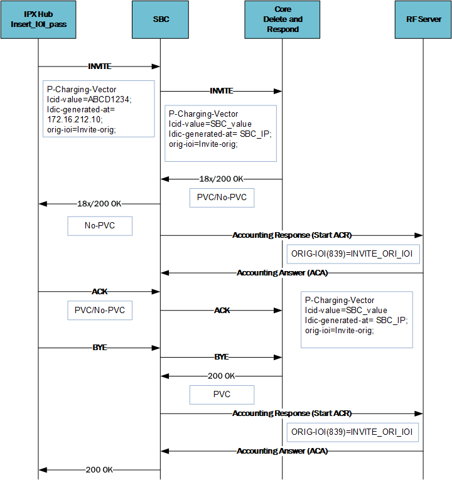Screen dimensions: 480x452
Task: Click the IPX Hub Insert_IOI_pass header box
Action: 38,19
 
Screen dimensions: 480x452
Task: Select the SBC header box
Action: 160,19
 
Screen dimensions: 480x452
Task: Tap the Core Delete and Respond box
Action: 282,19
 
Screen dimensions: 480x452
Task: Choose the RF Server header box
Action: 423,19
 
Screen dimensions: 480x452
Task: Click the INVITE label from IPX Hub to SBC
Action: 99,66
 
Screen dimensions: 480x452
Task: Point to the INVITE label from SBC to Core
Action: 221,91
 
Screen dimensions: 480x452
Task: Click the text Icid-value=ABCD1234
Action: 90,99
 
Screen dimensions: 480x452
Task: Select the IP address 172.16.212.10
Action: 75,119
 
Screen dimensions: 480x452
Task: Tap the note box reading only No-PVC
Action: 100,226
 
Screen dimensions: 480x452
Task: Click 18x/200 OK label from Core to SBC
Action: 221,179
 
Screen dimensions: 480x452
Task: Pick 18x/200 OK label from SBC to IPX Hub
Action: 99,204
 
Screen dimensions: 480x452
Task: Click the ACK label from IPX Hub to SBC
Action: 99,292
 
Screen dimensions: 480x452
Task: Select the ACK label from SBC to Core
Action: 221,311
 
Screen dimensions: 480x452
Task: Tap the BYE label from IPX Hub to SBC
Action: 99,347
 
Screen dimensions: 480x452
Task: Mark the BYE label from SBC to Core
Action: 221,357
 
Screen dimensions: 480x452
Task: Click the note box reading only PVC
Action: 222,395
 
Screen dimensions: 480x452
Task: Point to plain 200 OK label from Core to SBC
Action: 221,376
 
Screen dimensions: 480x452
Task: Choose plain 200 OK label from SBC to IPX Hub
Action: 99,469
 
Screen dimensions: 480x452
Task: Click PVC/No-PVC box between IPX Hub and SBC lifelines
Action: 100,310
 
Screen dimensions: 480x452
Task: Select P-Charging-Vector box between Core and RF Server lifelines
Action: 357,319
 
